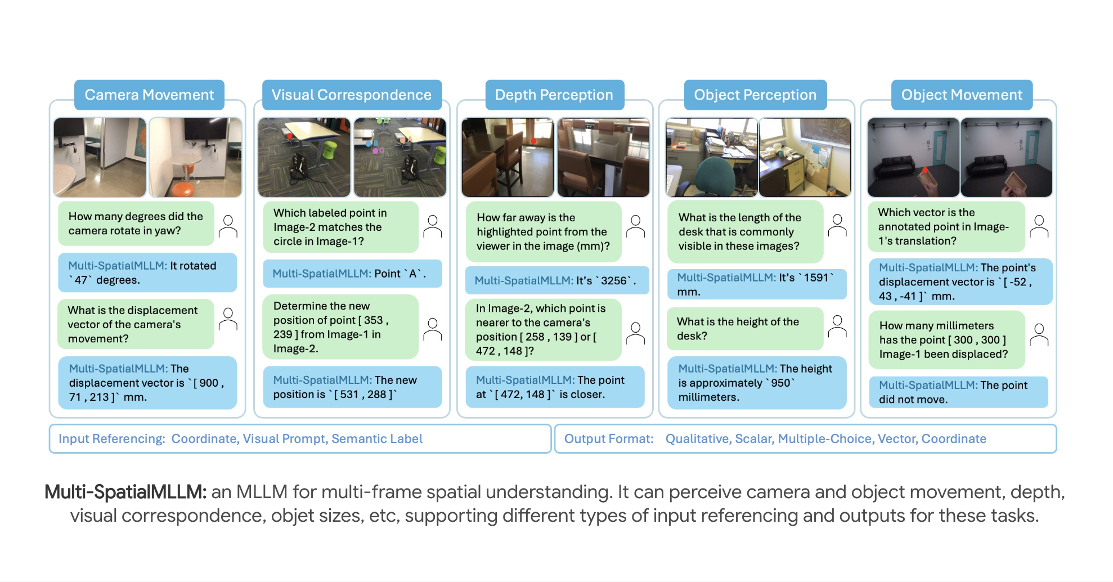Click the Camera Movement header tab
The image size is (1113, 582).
pos(149,95)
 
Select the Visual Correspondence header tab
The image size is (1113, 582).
pos(352,95)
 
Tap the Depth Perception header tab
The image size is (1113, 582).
pos(554,95)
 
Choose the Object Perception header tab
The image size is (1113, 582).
pos(755,95)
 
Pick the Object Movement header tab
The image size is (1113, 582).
pos(962,95)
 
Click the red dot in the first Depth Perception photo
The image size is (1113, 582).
pos(532,141)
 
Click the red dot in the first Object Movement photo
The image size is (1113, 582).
pos(924,169)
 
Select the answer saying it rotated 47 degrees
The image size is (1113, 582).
pos(147,272)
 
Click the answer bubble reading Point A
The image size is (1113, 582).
pos(352,274)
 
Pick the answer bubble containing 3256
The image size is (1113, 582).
pos(556,280)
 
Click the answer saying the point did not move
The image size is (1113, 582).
pos(958,392)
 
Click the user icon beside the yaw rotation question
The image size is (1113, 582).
pos(228,226)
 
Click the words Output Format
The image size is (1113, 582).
pos(609,438)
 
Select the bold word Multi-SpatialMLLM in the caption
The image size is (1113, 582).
pos(125,492)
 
